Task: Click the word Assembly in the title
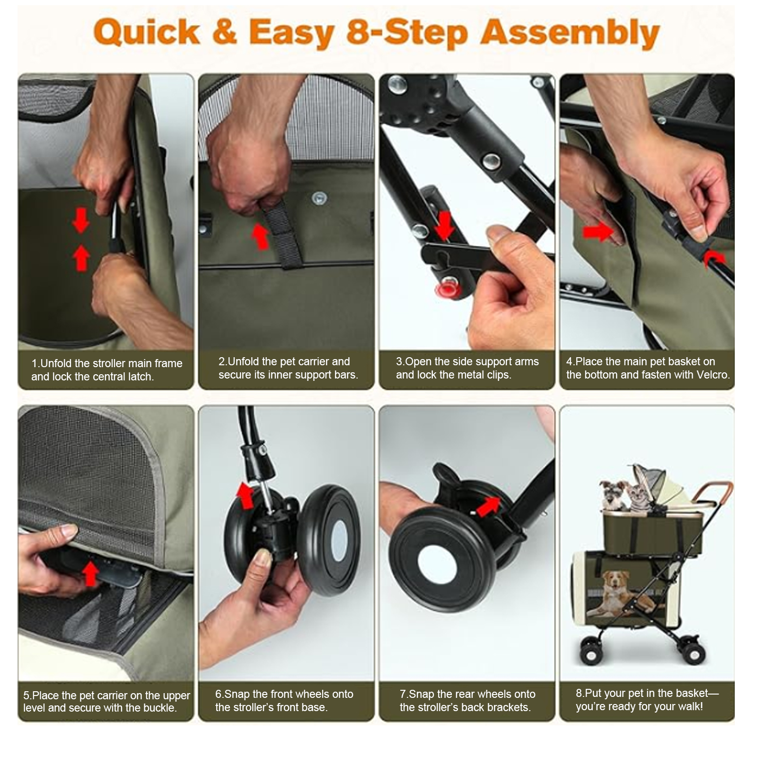coord(570,33)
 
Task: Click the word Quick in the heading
coord(146,32)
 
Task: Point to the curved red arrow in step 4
coord(714,259)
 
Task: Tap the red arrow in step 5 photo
coord(90,573)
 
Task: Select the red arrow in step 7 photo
coord(488,506)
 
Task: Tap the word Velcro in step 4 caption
coord(713,375)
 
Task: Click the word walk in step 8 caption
coord(689,706)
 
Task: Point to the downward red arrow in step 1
coord(80,220)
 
